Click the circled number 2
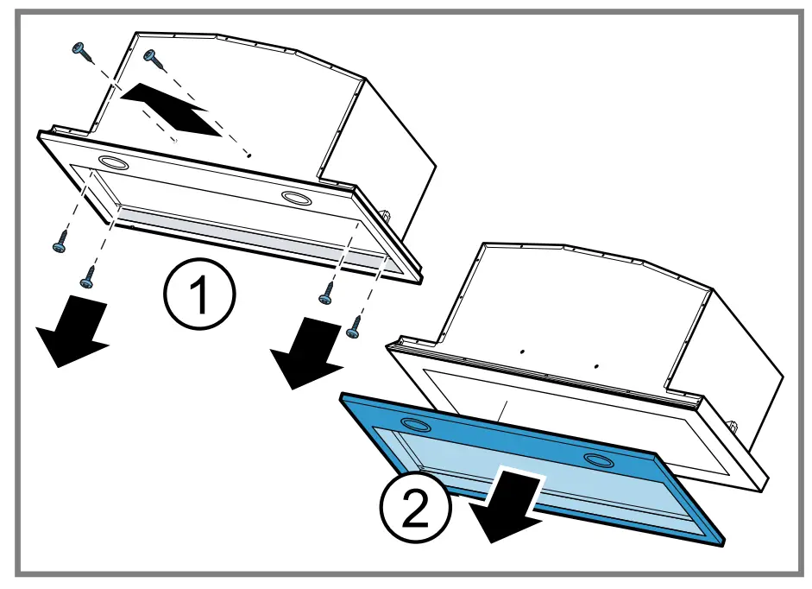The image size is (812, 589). click(417, 506)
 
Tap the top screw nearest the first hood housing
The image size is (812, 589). click(153, 58)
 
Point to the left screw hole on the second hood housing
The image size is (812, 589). click(523, 352)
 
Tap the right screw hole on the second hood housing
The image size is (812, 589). click(595, 366)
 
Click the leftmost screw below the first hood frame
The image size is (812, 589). click(59, 244)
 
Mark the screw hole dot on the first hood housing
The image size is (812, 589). click(249, 155)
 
